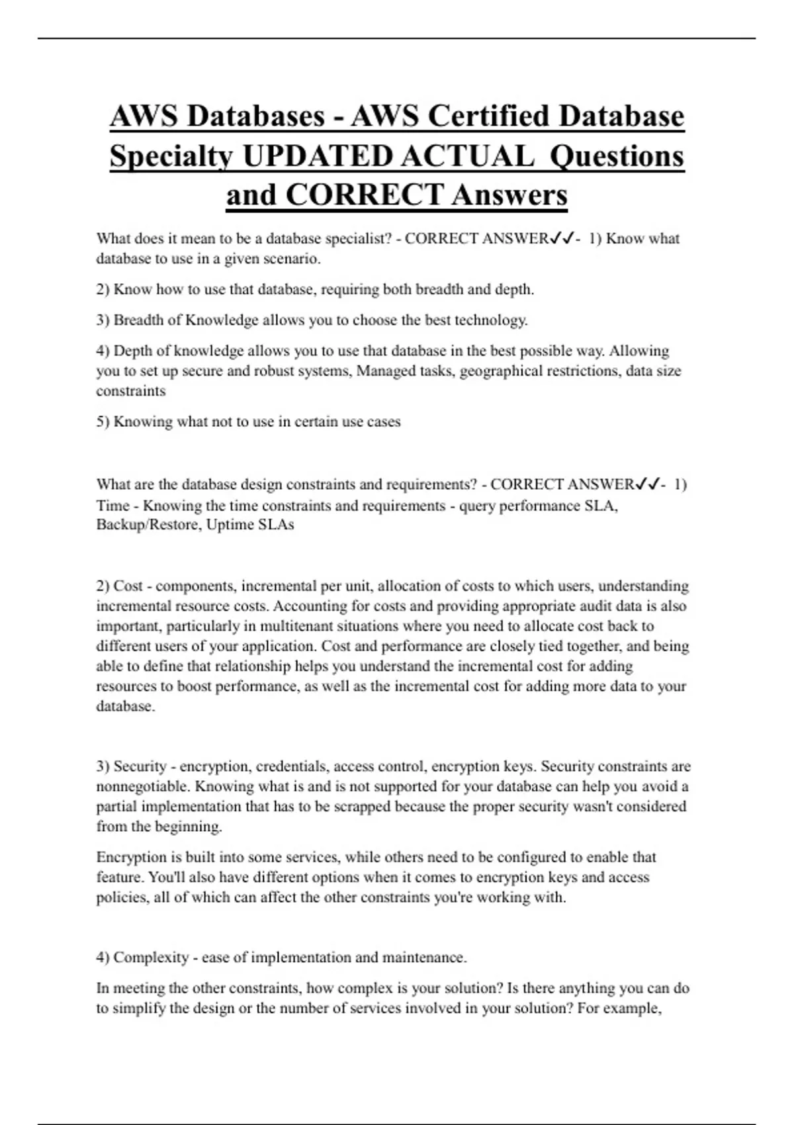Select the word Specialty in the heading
(171, 156)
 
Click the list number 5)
(103, 422)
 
